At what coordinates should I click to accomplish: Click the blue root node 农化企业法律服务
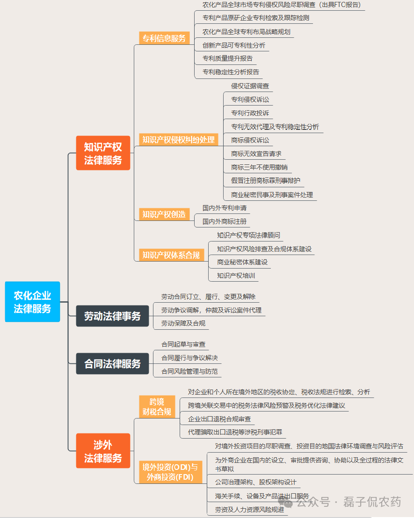(32, 302)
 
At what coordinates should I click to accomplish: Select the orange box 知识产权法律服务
(103, 153)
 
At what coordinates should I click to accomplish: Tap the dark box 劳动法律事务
(112, 316)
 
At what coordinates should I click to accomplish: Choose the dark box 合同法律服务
(112, 364)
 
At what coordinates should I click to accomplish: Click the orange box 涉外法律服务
(103, 451)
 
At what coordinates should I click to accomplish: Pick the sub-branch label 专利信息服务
(164, 38)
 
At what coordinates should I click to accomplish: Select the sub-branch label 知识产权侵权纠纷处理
(178, 139)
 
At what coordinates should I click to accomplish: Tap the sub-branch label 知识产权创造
(164, 214)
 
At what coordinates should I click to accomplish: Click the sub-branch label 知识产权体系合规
(171, 255)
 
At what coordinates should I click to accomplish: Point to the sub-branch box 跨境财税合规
(157, 407)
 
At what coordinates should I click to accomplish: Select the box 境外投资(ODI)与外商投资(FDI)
(170, 472)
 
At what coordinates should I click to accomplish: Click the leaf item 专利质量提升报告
(227, 58)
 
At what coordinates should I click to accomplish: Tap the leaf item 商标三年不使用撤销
(259, 167)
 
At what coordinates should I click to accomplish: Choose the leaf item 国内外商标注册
(225, 221)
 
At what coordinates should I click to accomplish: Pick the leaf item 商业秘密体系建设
(242, 262)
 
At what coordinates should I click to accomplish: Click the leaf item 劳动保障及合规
(183, 323)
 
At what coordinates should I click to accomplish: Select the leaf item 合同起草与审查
(183, 344)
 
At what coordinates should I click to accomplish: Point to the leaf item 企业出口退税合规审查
(219, 419)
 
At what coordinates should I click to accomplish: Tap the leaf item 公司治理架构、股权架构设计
(255, 482)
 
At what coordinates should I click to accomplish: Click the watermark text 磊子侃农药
(372, 502)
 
